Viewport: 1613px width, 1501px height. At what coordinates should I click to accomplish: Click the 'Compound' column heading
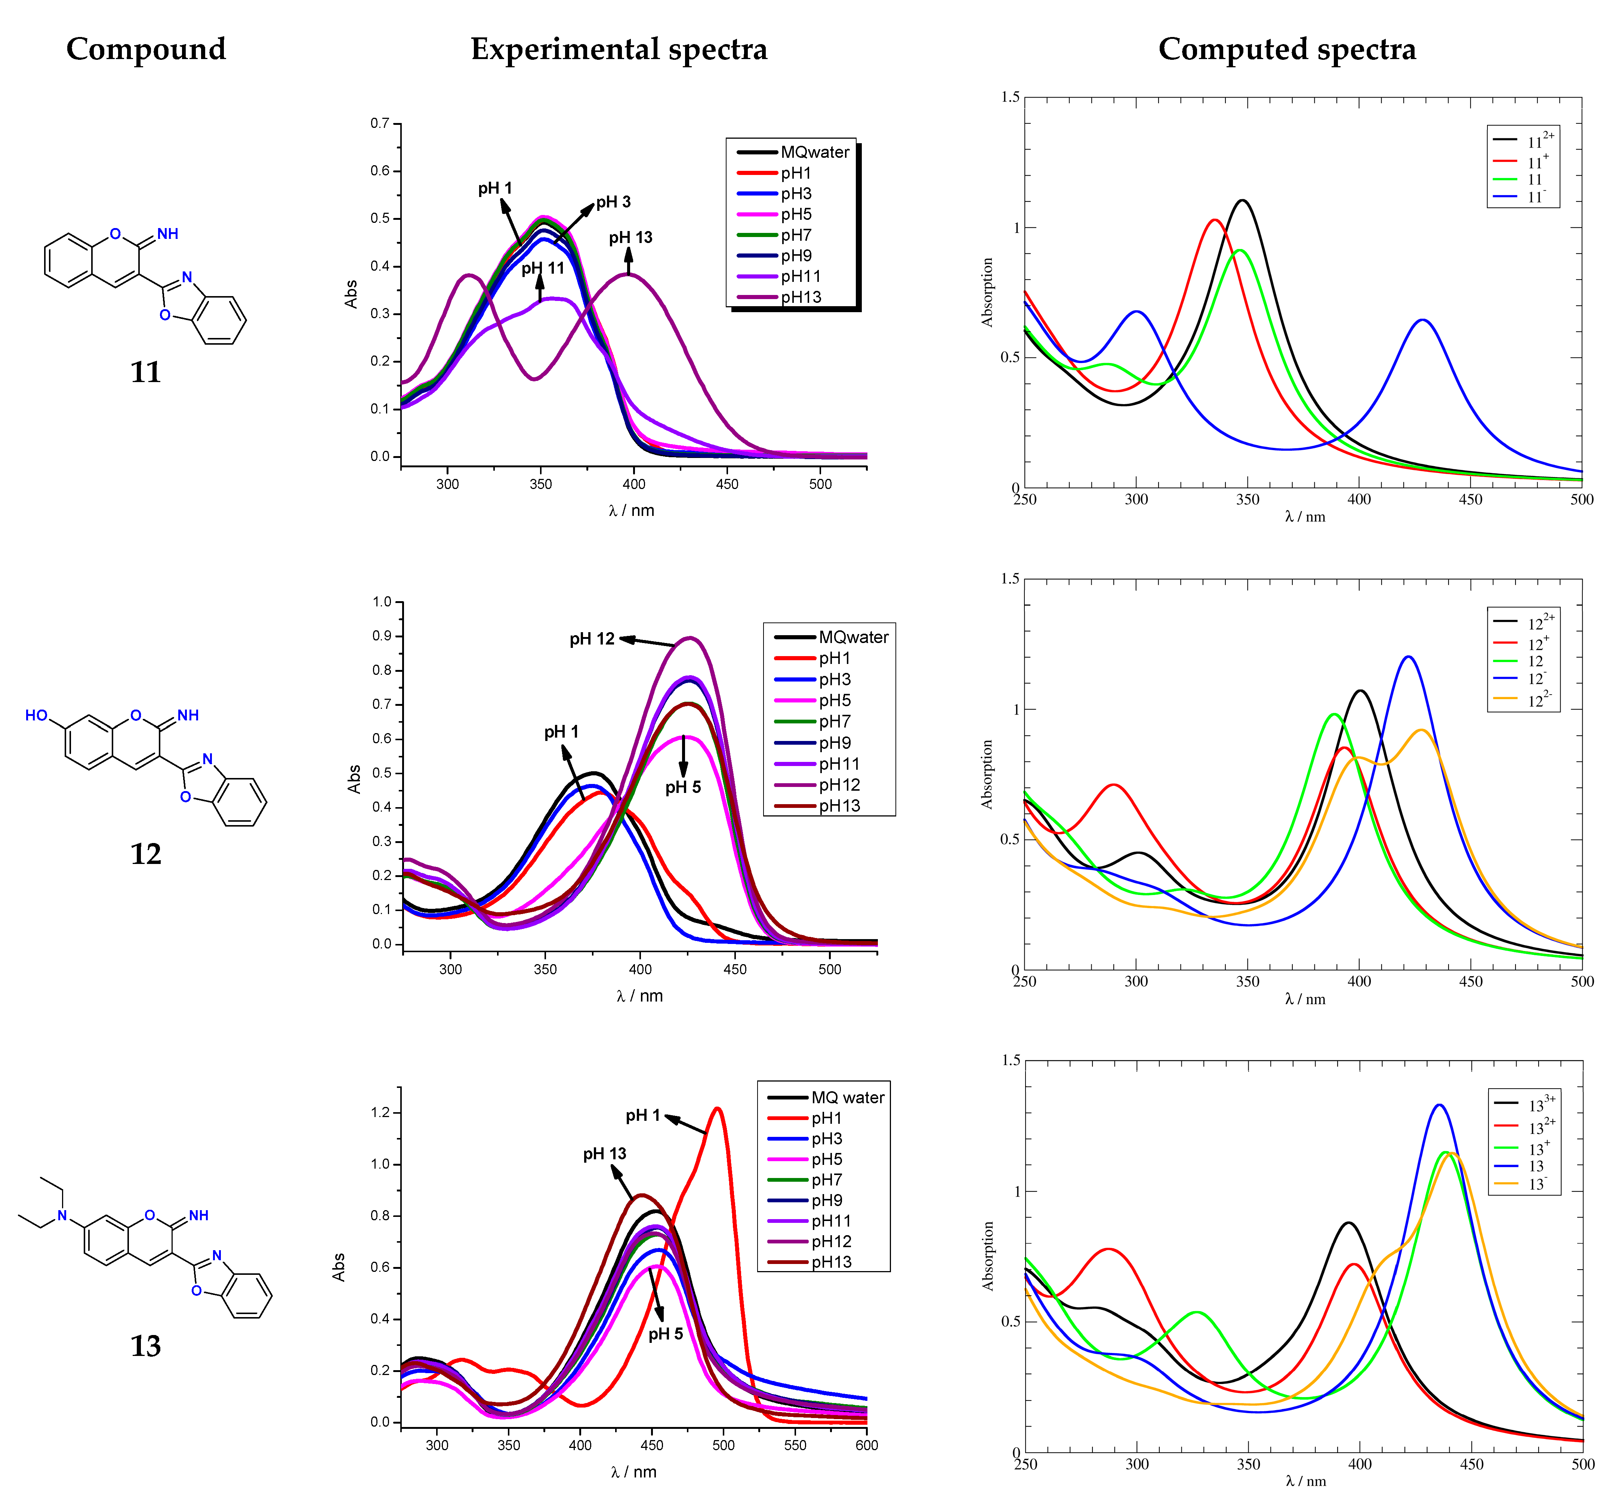146,49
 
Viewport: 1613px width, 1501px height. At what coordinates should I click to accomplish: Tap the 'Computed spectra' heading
1287,49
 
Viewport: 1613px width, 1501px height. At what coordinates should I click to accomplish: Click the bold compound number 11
146,372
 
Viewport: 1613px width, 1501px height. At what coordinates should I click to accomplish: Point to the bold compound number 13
146,1346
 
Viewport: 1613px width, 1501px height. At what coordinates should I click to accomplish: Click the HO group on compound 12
37,715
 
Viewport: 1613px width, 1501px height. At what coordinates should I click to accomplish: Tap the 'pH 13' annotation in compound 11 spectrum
630,237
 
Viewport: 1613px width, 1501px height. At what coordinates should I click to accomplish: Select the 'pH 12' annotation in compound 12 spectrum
592,639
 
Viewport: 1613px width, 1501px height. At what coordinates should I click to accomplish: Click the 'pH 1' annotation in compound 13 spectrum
642,1116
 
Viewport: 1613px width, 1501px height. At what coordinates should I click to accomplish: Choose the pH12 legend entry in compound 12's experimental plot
839,785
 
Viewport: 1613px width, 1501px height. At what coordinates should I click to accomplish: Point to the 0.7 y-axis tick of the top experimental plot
380,123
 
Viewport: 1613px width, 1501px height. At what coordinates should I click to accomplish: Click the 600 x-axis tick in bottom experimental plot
867,1445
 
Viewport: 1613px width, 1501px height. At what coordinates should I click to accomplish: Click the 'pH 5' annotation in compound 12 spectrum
682,787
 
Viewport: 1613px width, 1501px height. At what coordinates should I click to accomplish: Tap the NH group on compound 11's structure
168,234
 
